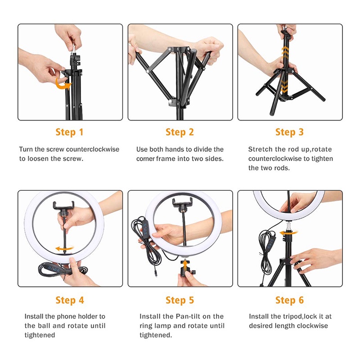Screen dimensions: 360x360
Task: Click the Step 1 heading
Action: click(x=69, y=132)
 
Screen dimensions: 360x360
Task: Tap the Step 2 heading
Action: click(x=180, y=132)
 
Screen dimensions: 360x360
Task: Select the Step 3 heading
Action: click(x=289, y=132)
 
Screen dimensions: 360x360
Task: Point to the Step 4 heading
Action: click(x=70, y=300)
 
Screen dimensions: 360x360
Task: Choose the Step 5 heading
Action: click(x=180, y=300)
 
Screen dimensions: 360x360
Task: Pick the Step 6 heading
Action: click(x=289, y=300)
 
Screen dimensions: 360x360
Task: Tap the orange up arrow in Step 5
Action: click(x=184, y=267)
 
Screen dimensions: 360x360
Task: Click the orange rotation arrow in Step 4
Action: click(x=64, y=248)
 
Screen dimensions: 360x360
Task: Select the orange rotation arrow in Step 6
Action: click(x=288, y=233)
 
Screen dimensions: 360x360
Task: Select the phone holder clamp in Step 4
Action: click(x=63, y=206)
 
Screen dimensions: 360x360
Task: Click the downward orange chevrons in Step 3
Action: click(x=284, y=86)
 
